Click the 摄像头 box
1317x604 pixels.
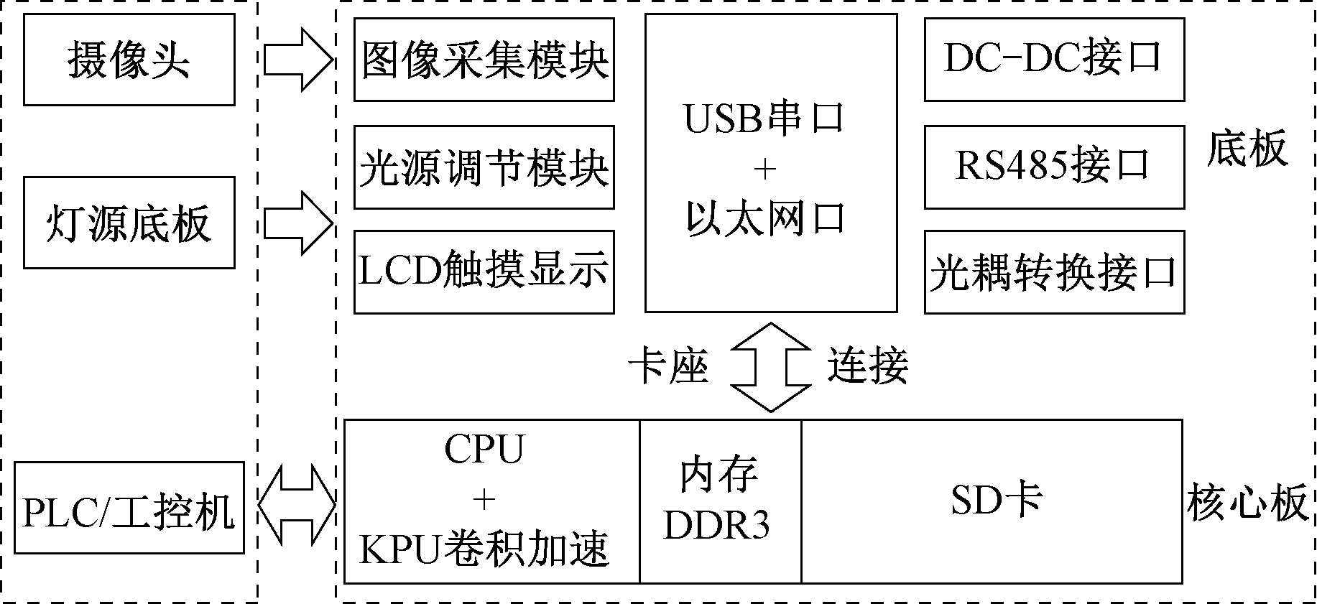129,60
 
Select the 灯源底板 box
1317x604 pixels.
129,223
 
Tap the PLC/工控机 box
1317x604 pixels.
129,508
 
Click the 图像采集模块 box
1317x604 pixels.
484,60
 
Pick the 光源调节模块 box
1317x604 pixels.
484,167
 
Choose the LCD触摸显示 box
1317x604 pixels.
484,271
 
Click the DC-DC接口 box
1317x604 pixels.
1054,60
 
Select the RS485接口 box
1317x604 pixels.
1054,167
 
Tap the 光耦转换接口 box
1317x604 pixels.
1054,271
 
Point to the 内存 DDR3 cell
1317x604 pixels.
720,501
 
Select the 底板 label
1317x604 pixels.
1247,149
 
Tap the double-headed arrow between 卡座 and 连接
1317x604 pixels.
770,366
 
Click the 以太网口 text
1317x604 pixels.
766,218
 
